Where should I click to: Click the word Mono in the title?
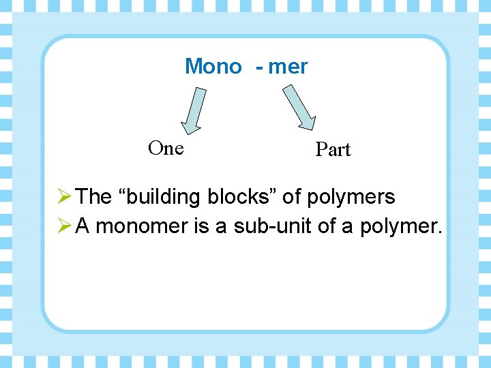(x=213, y=67)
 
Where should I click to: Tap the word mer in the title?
(x=288, y=67)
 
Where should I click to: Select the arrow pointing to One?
(x=194, y=109)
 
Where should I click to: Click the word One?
(x=166, y=149)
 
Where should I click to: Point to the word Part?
(x=333, y=150)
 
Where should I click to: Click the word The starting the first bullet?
(x=94, y=198)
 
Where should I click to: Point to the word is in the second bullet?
(x=201, y=226)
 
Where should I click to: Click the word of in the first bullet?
(x=291, y=198)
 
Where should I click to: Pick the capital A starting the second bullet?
(x=83, y=226)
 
